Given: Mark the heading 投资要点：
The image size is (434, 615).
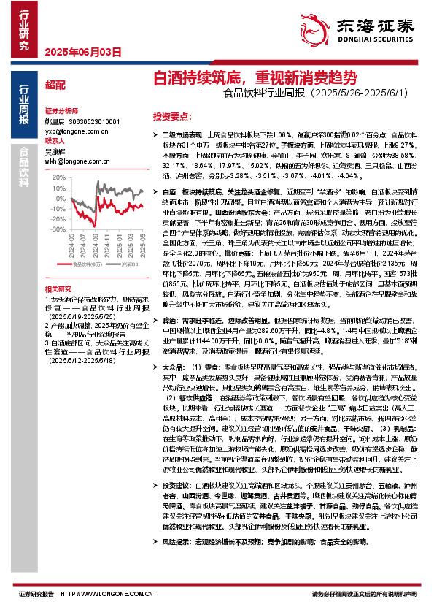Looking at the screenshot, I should coord(171,116).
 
